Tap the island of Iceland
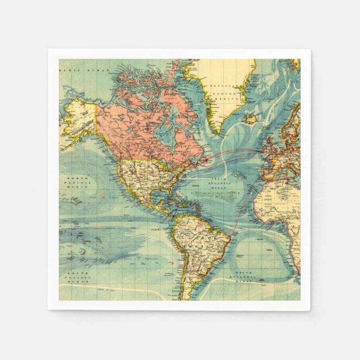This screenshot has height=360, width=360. click(250, 119)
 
